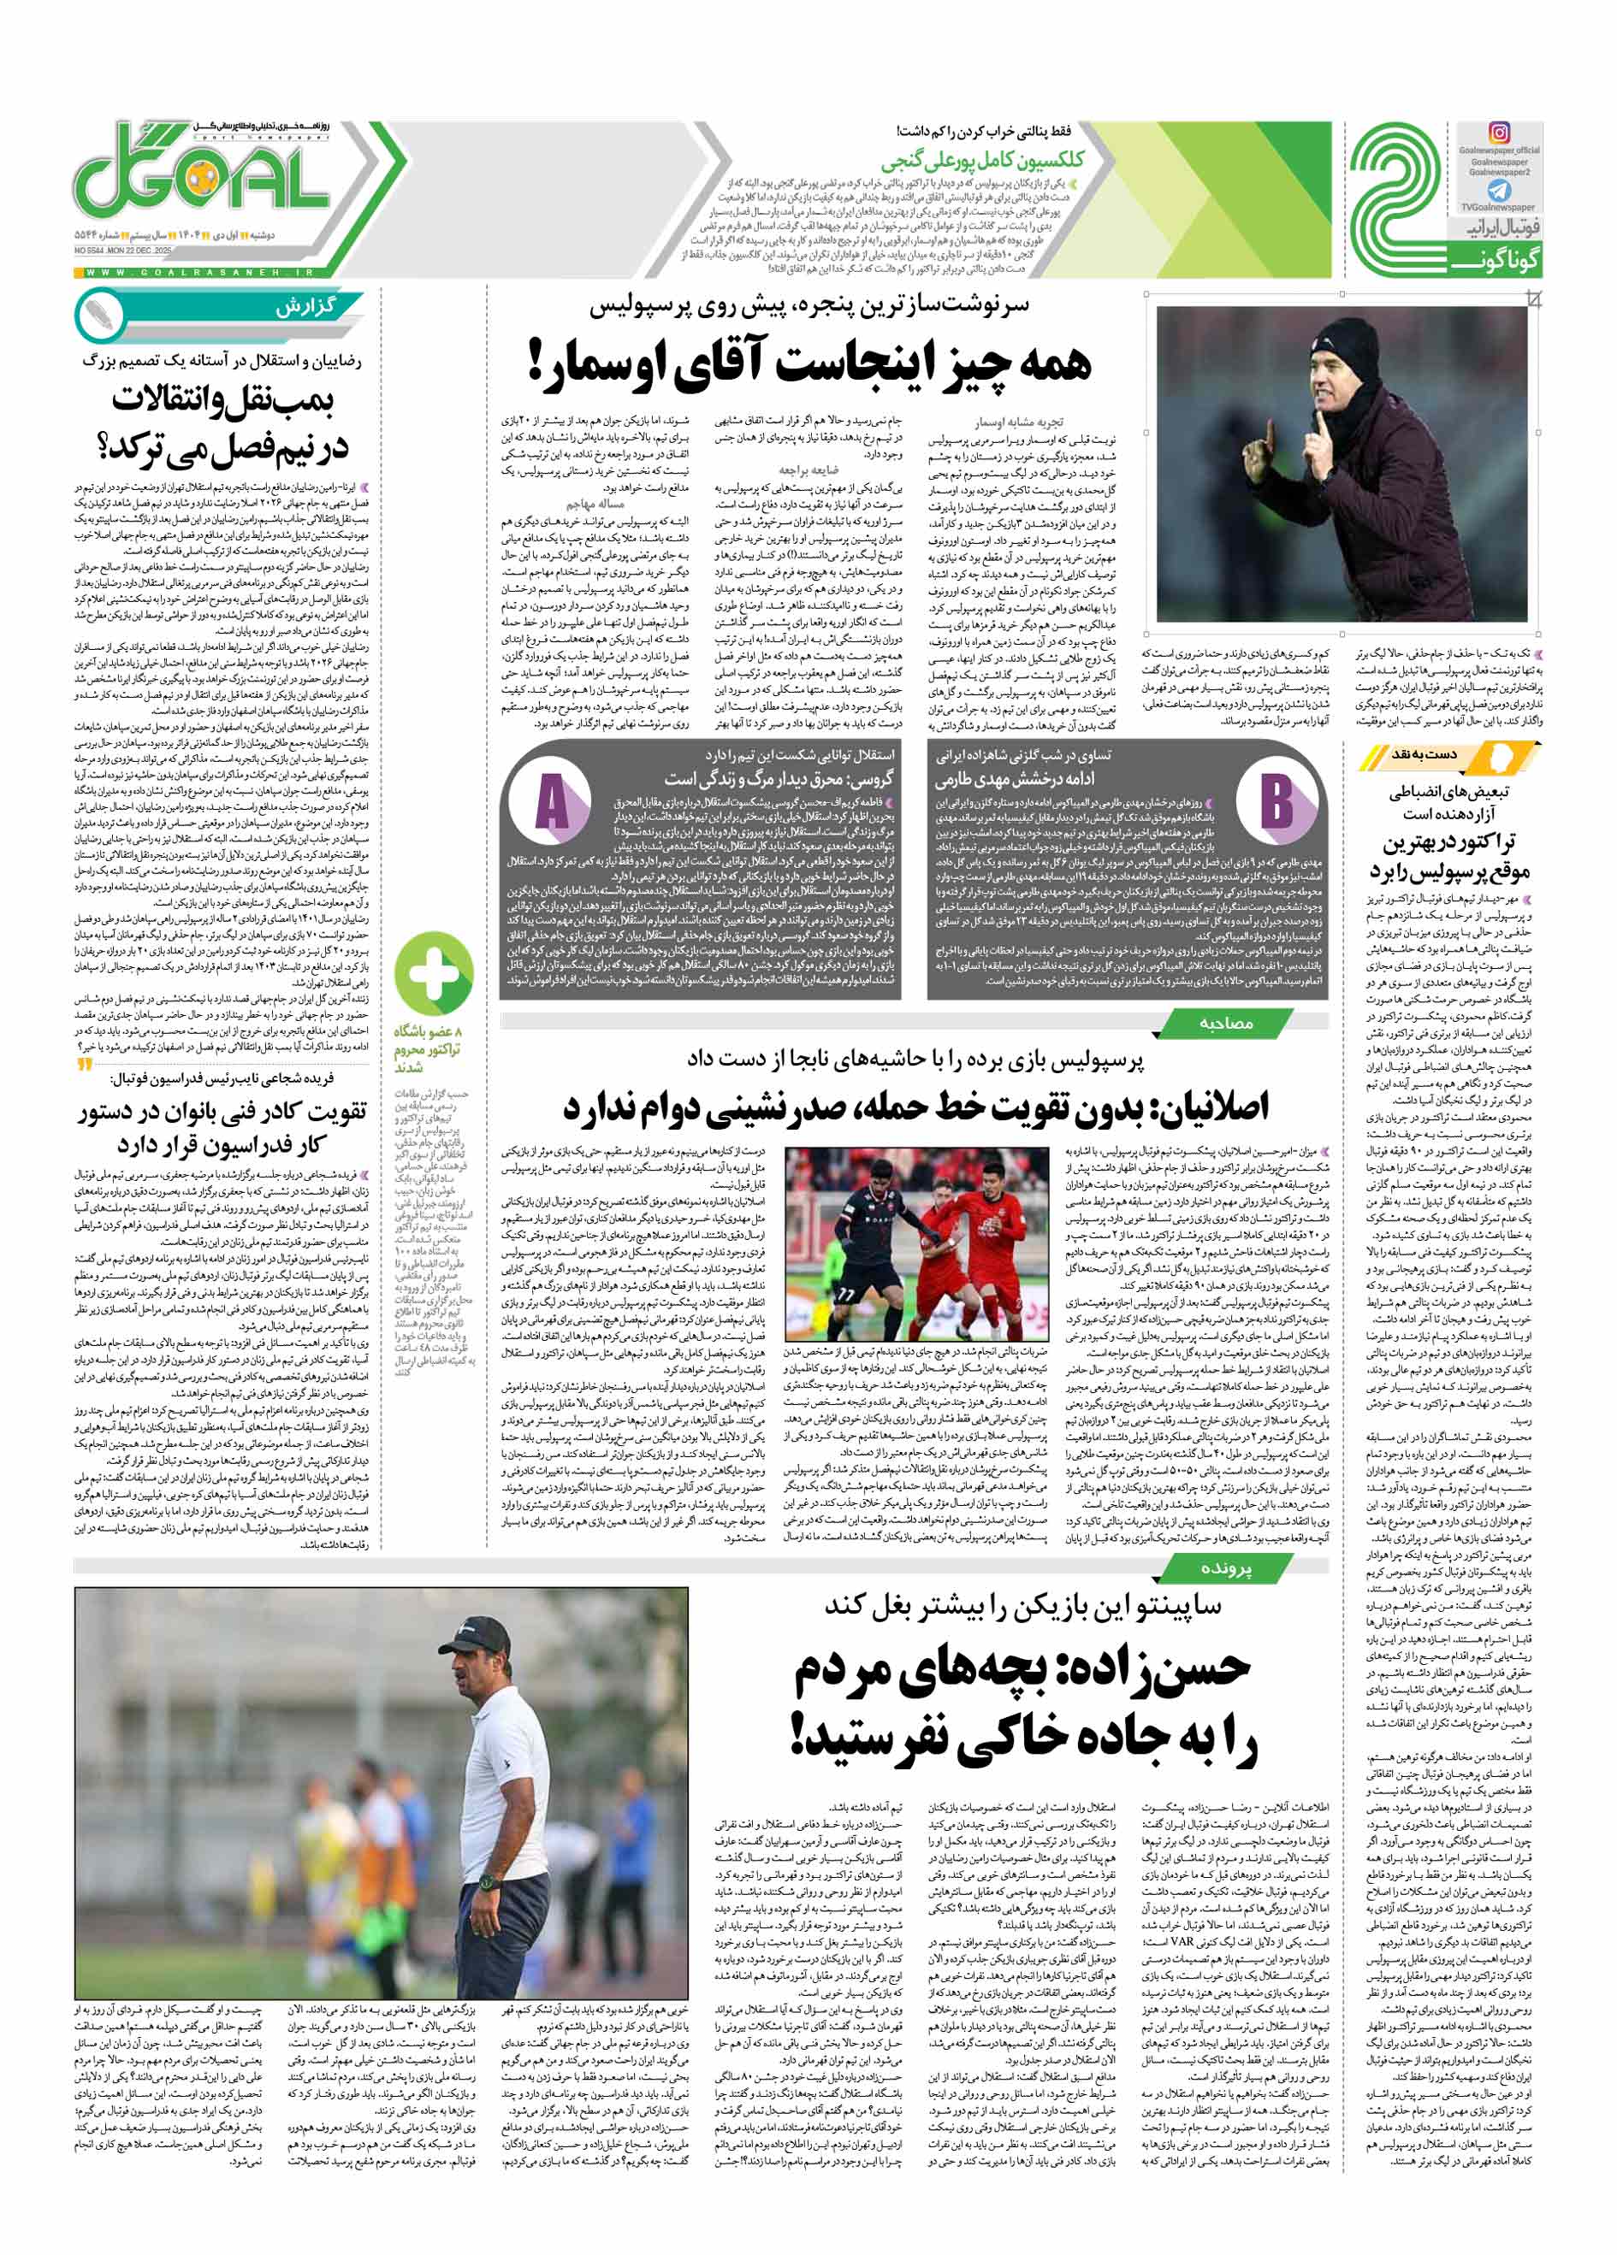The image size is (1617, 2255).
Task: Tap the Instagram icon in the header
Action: point(1499,133)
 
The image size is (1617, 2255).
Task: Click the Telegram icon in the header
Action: point(1499,190)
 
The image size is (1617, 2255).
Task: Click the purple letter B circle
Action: point(1279,800)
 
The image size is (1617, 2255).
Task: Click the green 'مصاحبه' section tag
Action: point(1225,1022)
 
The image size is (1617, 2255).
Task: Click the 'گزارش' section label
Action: point(307,307)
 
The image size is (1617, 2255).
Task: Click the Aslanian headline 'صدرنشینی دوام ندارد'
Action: point(915,1106)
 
